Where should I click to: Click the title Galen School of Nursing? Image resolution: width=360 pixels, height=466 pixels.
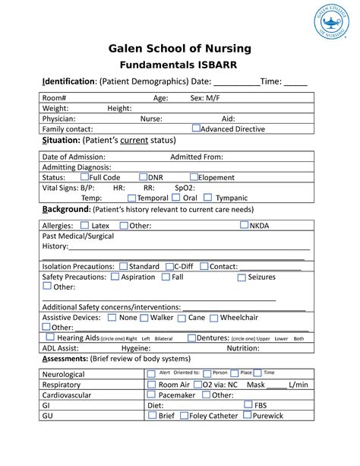tap(179, 49)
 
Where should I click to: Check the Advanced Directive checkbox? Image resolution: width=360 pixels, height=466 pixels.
tap(196, 128)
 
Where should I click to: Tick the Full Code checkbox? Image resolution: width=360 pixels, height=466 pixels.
tap(84, 176)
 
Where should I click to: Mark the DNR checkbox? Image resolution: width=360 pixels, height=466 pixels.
tap(142, 176)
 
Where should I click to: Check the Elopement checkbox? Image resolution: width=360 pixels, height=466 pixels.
tap(194, 176)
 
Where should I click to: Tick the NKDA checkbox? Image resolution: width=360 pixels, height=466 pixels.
tap(244, 225)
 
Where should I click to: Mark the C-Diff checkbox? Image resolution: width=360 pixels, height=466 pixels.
tap(169, 266)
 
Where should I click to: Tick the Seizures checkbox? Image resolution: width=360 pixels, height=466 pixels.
tap(242, 277)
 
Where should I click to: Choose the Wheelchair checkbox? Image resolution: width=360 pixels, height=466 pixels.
tap(213, 318)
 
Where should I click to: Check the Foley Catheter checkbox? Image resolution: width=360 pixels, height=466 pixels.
tap(183, 416)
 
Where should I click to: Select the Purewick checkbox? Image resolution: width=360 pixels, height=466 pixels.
tap(248, 416)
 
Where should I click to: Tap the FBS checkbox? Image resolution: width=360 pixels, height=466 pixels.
tap(248, 405)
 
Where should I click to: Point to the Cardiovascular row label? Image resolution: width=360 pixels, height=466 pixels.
tap(68, 395)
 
